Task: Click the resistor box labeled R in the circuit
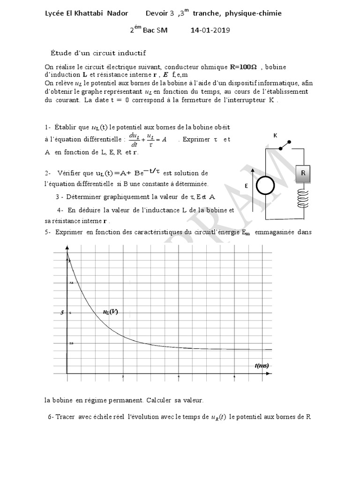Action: click(303, 173)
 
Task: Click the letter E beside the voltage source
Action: click(246, 186)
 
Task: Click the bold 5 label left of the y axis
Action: click(61, 313)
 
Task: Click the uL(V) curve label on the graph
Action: click(110, 311)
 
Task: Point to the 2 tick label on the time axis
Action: click(123, 377)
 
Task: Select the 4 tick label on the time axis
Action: click(179, 377)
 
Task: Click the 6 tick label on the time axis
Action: click(234, 377)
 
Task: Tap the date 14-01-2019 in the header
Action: click(210, 30)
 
